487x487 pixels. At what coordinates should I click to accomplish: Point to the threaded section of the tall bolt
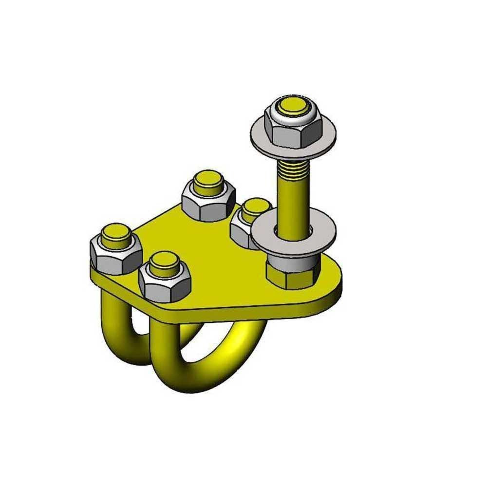[293, 168]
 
